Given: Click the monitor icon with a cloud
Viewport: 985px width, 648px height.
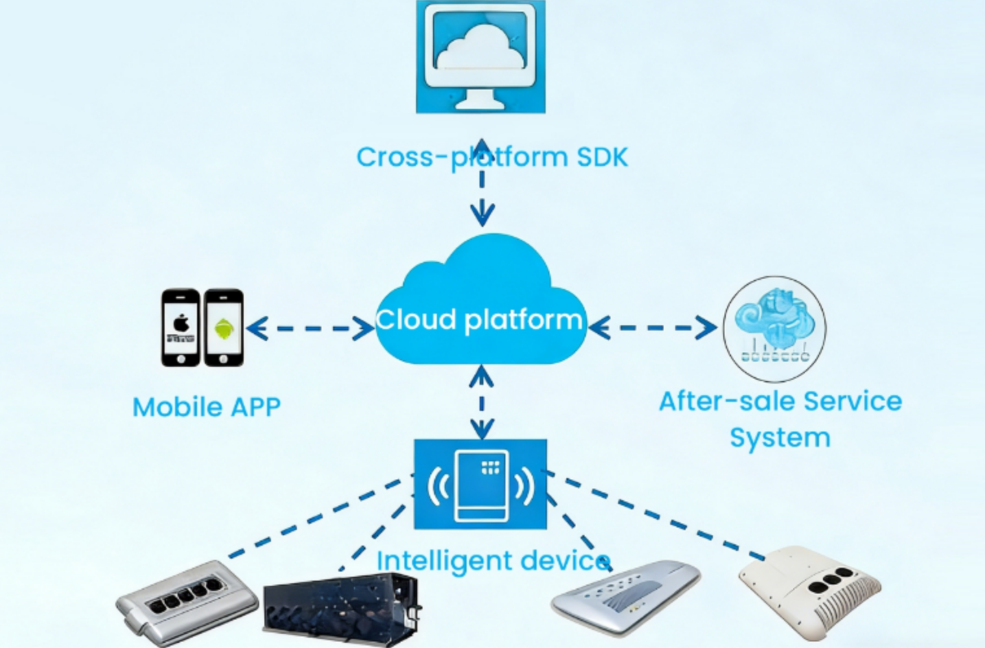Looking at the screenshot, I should (480, 57).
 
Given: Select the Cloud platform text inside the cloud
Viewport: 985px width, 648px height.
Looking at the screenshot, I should (479, 319).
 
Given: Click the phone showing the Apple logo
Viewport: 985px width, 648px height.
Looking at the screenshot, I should (181, 327).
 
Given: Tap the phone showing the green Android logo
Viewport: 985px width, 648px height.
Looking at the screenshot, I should (224, 327).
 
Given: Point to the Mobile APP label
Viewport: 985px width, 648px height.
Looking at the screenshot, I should (207, 407).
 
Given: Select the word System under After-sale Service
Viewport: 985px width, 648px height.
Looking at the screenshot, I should (780, 437).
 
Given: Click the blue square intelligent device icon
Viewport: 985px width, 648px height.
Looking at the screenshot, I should (480, 484).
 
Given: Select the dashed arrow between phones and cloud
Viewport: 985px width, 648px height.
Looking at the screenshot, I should (310, 328).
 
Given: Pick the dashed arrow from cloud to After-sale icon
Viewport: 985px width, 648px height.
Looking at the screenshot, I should (653, 327).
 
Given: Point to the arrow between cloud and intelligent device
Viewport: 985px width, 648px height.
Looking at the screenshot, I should (481, 402).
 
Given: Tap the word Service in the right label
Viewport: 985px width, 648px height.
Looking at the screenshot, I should (852, 402).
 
